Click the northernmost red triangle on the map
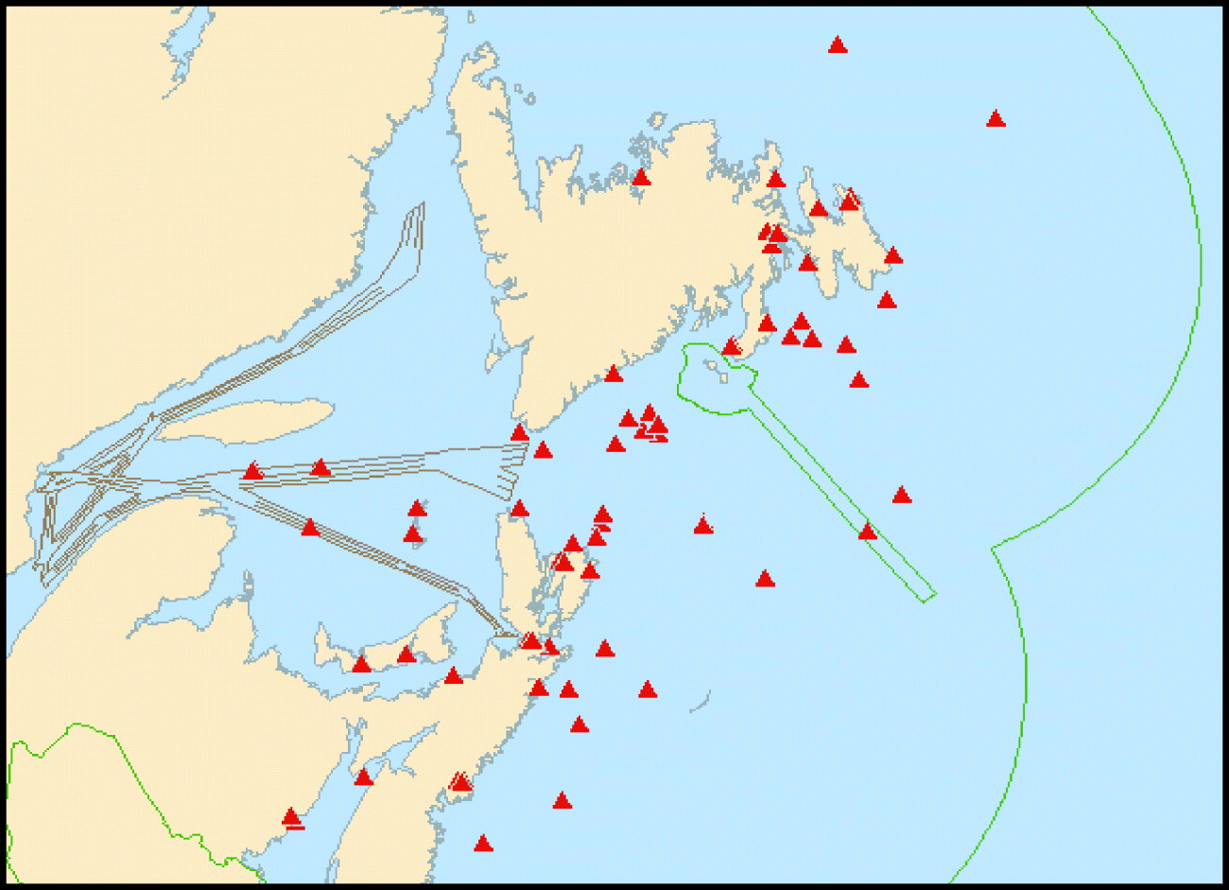click(x=837, y=44)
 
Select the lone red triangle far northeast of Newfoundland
click(x=995, y=119)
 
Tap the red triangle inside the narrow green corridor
click(x=867, y=532)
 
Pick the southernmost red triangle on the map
click(x=483, y=844)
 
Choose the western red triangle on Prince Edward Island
click(x=361, y=665)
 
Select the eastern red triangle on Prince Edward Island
click(x=406, y=654)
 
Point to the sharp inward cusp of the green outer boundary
click(x=992, y=549)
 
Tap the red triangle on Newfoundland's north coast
click(x=641, y=177)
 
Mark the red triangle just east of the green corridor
click(x=901, y=495)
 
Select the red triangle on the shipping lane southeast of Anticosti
click(x=310, y=527)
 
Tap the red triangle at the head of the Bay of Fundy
click(x=363, y=777)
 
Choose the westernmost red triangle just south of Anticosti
click(x=252, y=471)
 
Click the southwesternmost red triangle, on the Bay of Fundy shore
click(x=291, y=817)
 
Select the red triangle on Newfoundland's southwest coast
click(x=519, y=433)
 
